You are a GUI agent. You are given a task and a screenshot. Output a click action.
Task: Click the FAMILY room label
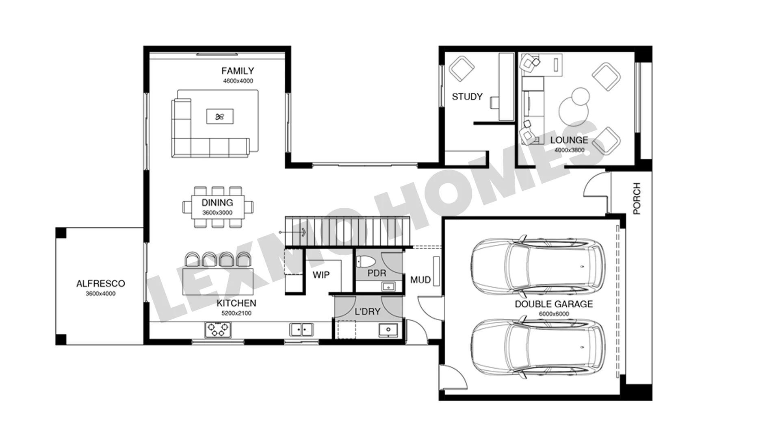point(238,71)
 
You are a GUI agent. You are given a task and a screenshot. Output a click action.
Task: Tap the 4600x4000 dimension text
point(238,81)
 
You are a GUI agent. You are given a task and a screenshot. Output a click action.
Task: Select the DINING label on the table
point(217,202)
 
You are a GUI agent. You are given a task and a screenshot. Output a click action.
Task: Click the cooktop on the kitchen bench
point(217,329)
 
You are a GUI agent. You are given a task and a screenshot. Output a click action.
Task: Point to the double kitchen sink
point(301,329)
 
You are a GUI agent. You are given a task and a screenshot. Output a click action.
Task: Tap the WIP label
point(321,275)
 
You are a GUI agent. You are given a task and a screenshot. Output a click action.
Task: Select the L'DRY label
point(367,312)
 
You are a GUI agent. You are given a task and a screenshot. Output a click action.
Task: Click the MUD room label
point(420,280)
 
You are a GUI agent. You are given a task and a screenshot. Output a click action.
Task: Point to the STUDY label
point(467,97)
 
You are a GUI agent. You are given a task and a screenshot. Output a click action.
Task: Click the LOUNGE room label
point(569,140)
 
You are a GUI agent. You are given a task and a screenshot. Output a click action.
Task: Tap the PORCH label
point(637,198)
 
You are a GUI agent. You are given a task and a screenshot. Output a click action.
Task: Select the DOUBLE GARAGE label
point(554,304)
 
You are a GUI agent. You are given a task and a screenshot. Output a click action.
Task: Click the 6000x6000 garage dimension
point(554,314)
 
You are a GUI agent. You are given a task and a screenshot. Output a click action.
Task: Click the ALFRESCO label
point(101,284)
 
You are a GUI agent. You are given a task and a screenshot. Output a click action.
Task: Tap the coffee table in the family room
point(220,117)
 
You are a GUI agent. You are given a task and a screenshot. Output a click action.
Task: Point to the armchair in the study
point(462,69)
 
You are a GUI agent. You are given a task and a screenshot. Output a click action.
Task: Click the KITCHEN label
point(236,303)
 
